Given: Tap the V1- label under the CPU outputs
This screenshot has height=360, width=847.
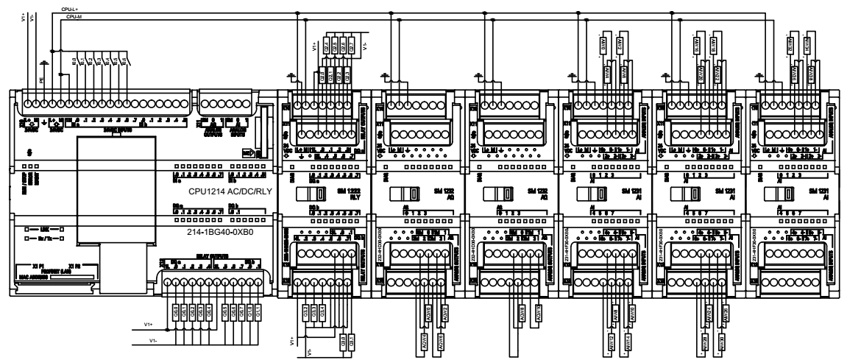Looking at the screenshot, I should click(x=152, y=341).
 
